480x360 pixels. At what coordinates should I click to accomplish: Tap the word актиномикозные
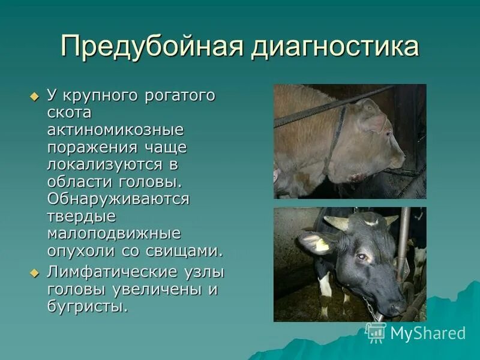coord(116,130)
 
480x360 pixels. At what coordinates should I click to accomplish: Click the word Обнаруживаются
coord(119,199)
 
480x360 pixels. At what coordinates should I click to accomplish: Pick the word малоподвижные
coord(114,233)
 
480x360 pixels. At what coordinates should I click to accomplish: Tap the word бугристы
coord(88,307)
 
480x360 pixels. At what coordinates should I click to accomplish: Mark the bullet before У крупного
coord(34,96)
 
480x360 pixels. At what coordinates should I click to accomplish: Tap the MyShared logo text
coord(428,333)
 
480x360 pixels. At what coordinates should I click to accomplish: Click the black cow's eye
coord(362,256)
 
